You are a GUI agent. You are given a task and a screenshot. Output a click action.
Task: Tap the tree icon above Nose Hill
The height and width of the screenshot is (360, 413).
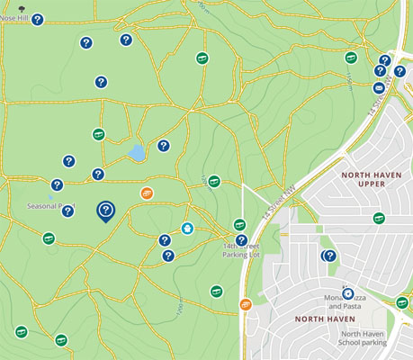pos(8,7)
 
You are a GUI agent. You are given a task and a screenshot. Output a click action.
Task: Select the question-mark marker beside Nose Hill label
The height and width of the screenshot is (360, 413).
pos(37,19)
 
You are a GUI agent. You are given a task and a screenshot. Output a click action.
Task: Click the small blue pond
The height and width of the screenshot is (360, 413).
pos(137,153)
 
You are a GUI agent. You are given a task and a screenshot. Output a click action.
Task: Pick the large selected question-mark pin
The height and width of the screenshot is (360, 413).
pos(105,211)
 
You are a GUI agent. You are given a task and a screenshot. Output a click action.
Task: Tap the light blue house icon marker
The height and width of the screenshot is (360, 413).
pos(187,229)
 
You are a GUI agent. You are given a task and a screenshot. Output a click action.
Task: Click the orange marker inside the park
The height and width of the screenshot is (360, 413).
pos(148,193)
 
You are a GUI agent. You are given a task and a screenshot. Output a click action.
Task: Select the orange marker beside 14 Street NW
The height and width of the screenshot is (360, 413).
pos(245,304)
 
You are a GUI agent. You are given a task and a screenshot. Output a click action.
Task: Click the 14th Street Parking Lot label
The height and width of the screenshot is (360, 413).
pos(240,250)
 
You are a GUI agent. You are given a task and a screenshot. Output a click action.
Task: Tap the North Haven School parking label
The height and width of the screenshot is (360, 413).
pos(362,337)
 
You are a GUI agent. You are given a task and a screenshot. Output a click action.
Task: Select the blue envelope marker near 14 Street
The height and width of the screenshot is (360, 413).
pos(379,88)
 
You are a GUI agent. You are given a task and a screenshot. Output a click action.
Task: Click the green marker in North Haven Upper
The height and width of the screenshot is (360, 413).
pos(379,218)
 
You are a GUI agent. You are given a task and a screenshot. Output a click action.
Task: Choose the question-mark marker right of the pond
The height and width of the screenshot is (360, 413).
pos(164,146)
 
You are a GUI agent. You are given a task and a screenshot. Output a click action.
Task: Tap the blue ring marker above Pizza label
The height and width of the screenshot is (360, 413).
pos(347,293)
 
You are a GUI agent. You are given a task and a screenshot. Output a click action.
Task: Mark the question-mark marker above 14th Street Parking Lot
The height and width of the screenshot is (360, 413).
pos(241,239)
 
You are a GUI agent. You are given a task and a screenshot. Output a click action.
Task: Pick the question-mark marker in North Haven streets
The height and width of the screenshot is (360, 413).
pos(330,256)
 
